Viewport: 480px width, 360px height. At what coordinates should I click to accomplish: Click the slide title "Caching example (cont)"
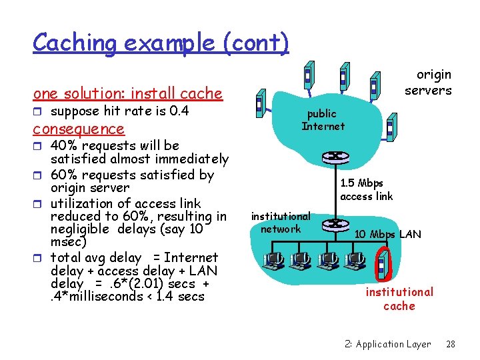161,43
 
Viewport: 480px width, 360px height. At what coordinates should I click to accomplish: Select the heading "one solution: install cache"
127,93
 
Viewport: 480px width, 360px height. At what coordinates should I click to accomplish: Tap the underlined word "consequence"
79,129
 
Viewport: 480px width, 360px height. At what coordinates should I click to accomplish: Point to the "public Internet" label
323,120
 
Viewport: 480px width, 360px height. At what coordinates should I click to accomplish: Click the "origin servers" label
428,83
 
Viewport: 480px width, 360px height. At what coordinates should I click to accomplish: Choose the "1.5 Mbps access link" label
366,189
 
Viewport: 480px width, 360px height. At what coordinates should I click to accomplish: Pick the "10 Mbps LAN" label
387,234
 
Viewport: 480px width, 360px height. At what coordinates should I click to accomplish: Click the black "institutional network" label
280,223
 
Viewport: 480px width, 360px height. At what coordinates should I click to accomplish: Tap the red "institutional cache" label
399,299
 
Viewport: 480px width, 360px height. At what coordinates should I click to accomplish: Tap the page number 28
450,344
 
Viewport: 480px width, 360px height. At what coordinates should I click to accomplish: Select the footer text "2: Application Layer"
387,344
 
